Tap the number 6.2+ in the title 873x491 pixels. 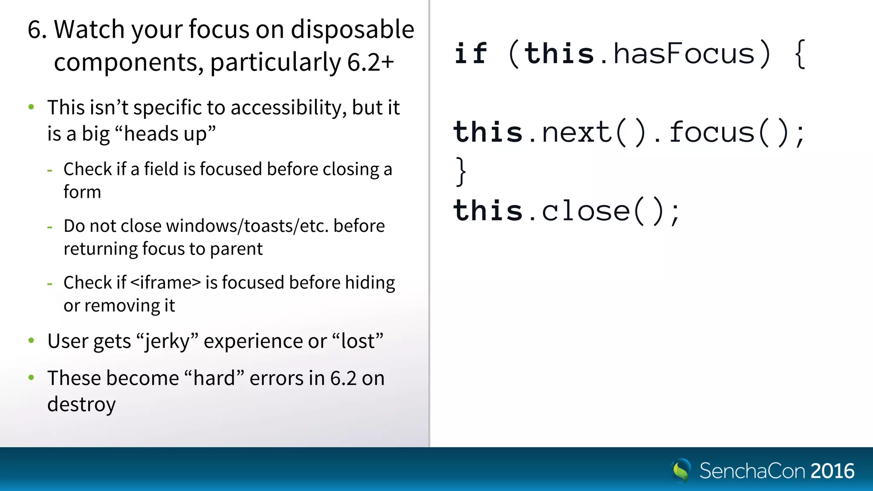(x=370, y=62)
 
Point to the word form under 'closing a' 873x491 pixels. (x=82, y=192)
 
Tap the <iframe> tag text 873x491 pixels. (x=165, y=283)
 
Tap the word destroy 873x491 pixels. (x=81, y=404)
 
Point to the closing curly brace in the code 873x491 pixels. (x=461, y=171)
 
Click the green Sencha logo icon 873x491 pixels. (x=681, y=471)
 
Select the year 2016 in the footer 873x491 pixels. (x=832, y=471)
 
